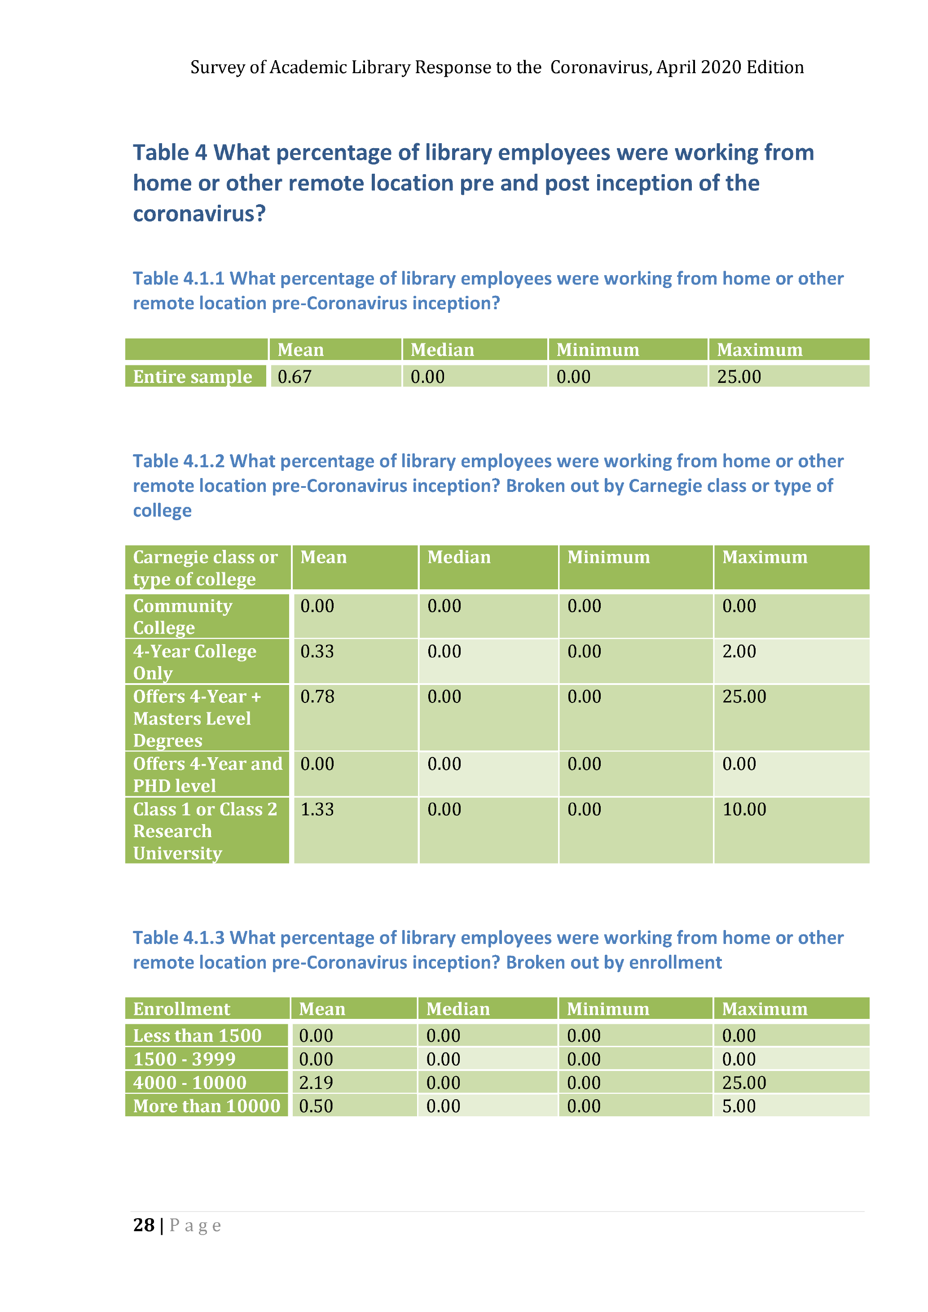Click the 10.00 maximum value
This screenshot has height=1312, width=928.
pos(744,809)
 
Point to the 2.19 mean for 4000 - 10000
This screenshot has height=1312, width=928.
pos(316,1082)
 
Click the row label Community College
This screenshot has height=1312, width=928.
pos(183,617)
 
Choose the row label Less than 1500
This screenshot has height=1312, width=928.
pos(197,1036)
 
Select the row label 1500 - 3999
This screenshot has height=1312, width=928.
pos(184,1059)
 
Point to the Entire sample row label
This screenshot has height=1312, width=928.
pos(193,377)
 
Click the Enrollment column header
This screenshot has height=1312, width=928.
pos(182,1009)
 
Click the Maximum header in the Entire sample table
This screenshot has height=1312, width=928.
pos(760,350)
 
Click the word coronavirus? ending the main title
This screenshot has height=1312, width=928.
pos(199,214)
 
